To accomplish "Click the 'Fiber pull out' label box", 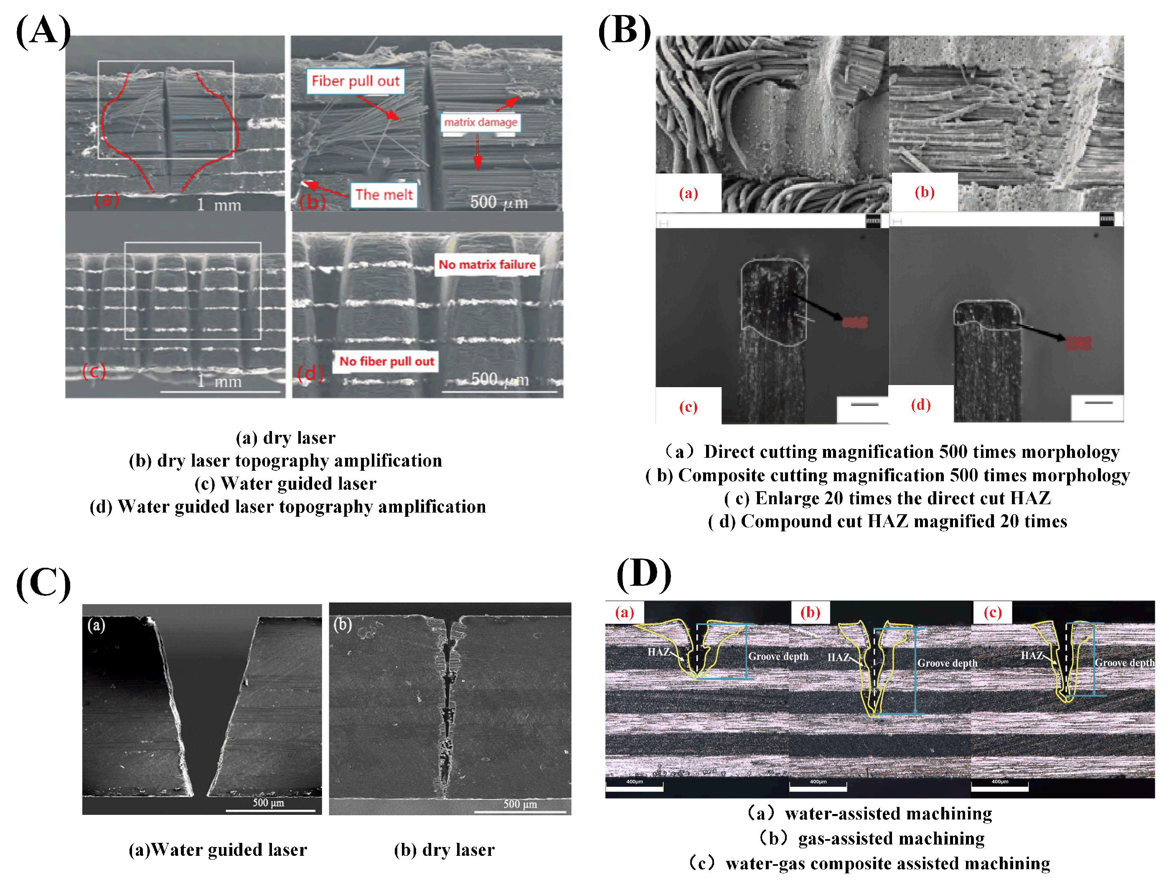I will tap(355, 82).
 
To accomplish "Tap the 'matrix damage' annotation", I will tap(480, 122).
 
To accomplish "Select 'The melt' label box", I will tap(384, 194).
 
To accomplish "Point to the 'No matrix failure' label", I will tap(487, 264).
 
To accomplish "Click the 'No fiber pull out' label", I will tap(386, 361).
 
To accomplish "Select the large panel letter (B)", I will tap(624, 31).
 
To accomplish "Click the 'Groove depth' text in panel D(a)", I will tap(778, 656).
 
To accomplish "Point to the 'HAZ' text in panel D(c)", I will tap(1032, 656).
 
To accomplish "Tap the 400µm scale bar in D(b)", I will tap(818, 786).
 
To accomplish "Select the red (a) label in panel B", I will tap(688, 193).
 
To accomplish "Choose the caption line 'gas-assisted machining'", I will tap(872, 838).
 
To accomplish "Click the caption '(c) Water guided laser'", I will tap(285, 483).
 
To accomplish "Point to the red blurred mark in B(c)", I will tap(854, 322).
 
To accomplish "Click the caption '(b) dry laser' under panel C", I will tap(444, 850).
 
